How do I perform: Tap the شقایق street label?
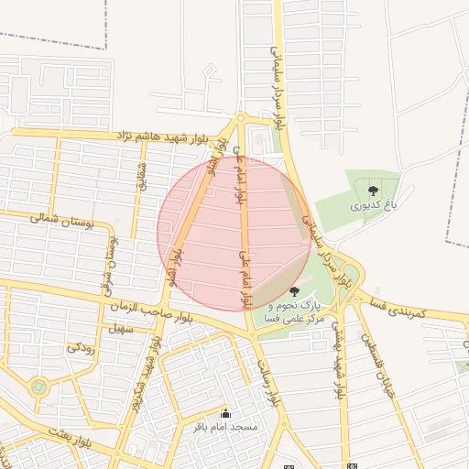[140, 177]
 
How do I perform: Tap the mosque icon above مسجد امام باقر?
[226, 414]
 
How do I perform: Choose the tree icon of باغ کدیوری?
[374, 191]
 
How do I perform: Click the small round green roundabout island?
[38, 387]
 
